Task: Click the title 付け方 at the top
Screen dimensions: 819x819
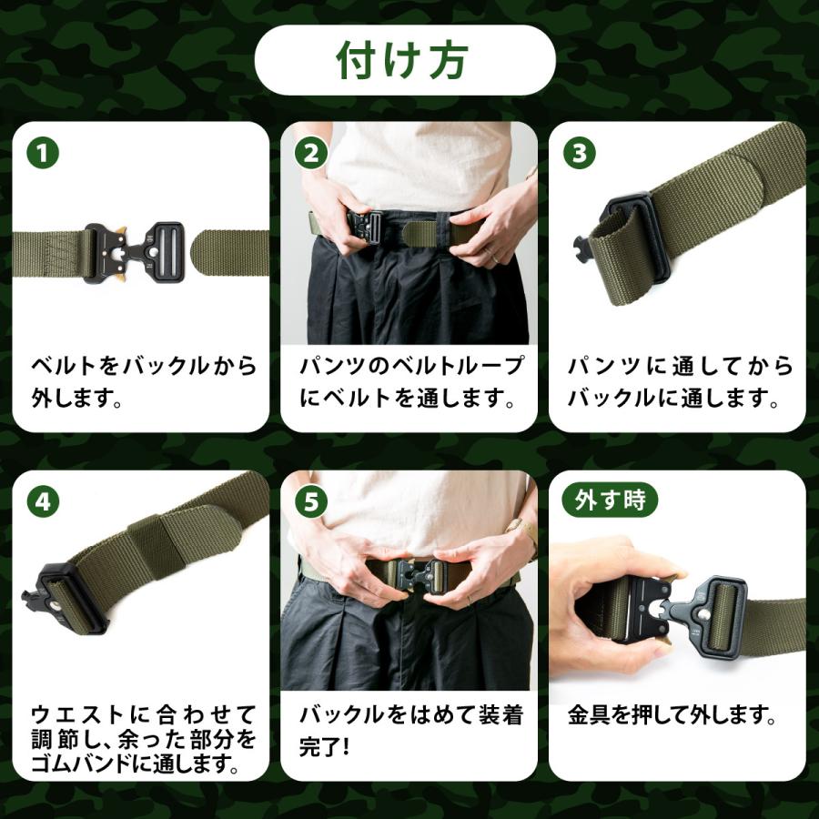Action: tap(401, 60)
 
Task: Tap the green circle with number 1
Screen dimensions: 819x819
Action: tap(43, 153)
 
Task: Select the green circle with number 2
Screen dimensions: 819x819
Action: tap(311, 153)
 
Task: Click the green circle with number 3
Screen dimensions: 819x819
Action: tap(580, 153)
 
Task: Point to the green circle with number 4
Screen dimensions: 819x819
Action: tap(43, 502)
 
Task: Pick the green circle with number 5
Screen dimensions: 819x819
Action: tap(311, 502)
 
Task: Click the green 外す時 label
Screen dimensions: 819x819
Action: tap(610, 500)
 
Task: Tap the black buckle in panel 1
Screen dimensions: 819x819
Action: tap(135, 253)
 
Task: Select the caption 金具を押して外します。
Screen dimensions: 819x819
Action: tap(672, 715)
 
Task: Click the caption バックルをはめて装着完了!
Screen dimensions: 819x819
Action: tap(411, 731)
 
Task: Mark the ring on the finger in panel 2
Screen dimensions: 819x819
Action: tap(493, 257)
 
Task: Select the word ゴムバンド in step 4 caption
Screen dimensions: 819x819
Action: tap(80, 764)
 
